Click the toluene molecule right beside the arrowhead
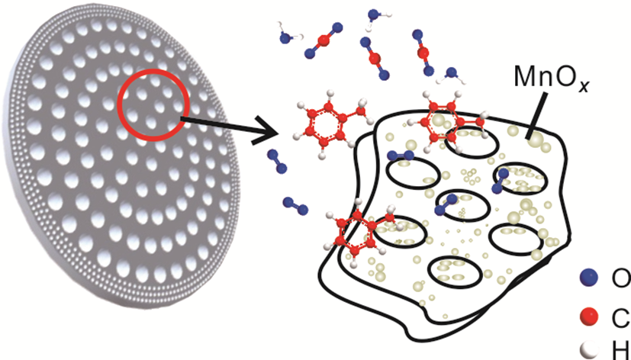[324, 122]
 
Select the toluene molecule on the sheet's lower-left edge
[359, 233]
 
